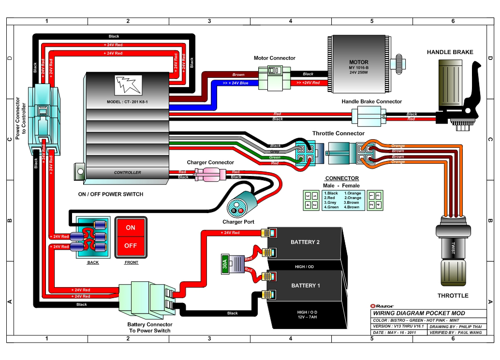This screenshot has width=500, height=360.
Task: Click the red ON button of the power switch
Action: tap(131, 228)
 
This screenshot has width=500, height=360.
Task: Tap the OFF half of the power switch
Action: tap(131, 246)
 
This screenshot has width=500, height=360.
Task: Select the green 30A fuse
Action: tap(225, 264)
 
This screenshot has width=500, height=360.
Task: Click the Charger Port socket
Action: tap(237, 208)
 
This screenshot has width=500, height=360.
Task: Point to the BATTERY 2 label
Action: tap(305, 242)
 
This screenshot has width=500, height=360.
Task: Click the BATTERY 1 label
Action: tap(306, 286)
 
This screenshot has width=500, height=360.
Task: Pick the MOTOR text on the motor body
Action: tap(359, 62)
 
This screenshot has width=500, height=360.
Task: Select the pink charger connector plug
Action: tap(210, 174)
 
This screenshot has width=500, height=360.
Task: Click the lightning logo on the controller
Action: tap(128, 85)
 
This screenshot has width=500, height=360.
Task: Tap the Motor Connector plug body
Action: tap(274, 78)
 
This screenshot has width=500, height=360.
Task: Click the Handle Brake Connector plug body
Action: tap(368, 116)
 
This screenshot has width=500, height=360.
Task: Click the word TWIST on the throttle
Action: tap(453, 248)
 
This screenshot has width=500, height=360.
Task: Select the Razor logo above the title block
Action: tap(382, 306)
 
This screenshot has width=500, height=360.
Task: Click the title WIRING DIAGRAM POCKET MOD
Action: tap(419, 313)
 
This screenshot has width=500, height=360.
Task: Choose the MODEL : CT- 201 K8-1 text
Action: tap(127, 102)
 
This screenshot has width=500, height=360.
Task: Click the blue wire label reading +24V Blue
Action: tap(235, 83)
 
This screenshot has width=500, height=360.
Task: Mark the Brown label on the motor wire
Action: tap(238, 74)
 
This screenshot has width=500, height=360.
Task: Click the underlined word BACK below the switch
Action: tap(93, 262)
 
